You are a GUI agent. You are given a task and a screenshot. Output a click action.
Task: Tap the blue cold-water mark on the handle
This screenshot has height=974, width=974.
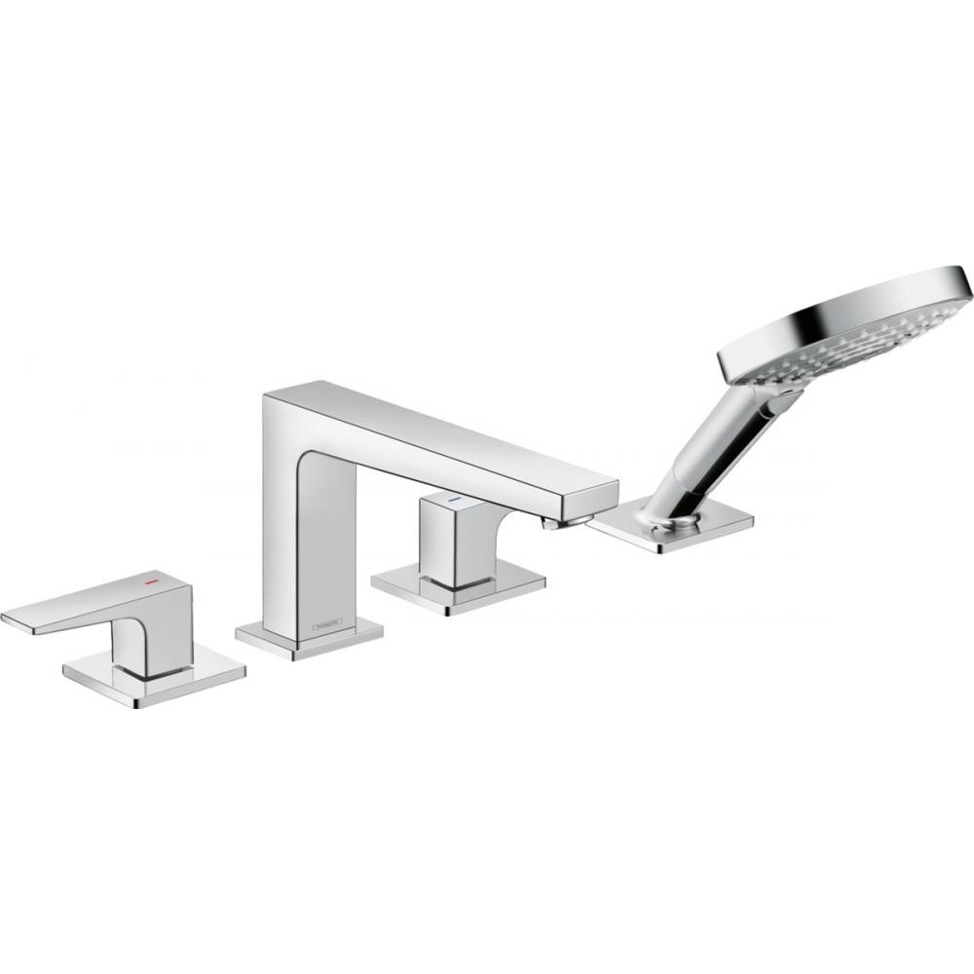[x=451, y=499]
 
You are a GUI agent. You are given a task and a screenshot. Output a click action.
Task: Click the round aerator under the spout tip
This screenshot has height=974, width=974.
[x=554, y=524]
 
